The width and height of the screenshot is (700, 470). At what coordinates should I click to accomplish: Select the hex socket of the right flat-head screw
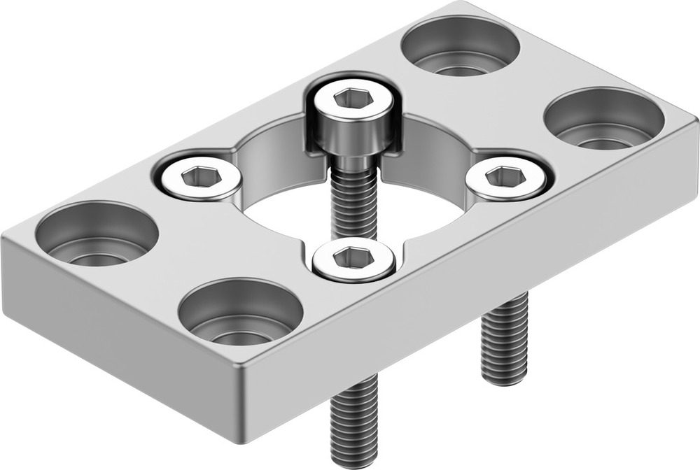point(505,177)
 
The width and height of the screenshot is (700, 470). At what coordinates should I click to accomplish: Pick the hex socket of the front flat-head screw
point(353,259)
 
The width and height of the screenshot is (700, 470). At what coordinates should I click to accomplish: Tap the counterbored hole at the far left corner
point(97,234)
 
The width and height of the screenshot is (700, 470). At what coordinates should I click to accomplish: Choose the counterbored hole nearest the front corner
point(240,312)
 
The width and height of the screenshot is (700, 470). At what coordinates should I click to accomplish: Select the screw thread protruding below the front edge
point(353,420)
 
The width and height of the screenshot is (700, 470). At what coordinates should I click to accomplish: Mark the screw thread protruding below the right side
point(504,339)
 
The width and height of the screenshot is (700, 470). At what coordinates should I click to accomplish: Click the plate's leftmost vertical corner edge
point(4,273)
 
